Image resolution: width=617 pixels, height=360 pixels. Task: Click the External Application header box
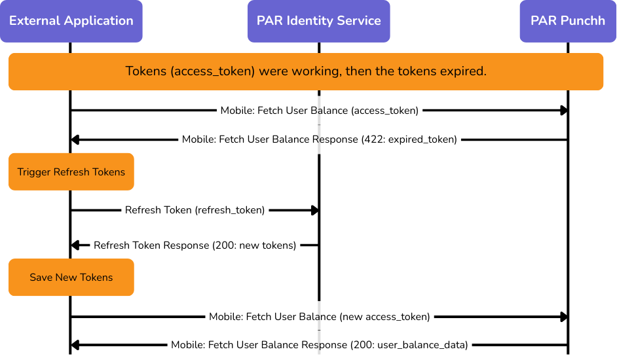point(71,21)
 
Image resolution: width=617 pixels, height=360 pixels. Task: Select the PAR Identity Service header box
point(318,21)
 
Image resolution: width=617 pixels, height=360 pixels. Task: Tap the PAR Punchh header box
point(568,21)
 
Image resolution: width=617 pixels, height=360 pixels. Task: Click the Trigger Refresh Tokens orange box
point(71,172)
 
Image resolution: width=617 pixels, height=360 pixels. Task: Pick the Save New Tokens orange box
point(71,278)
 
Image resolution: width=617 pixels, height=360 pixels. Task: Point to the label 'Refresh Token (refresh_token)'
point(195,211)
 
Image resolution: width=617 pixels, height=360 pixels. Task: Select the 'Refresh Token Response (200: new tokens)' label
point(195,245)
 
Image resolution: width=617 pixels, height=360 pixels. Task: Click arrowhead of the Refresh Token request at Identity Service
point(314,211)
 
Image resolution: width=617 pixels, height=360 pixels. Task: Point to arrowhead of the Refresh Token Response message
point(75,245)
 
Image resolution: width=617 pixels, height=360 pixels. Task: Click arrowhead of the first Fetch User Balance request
point(563,111)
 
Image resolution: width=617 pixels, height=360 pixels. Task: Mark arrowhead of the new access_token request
point(563,317)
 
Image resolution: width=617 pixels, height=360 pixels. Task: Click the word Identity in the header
point(307,21)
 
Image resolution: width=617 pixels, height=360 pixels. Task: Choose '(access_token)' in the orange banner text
point(212,71)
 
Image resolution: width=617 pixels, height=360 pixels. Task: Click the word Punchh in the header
point(583,21)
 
